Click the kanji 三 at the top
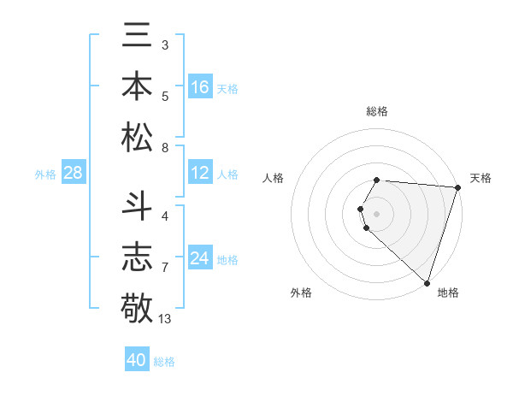[137, 38]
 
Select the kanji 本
[137, 88]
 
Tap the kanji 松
[137, 138]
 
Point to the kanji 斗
[137, 205]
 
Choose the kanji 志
[137, 256]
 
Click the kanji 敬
[137, 306]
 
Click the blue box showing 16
[200, 87]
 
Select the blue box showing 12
[200, 174]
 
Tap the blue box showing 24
[200, 259]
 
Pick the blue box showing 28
[74, 174]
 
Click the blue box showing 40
[137, 360]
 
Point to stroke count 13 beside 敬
[165, 319]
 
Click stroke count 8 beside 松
[164, 148]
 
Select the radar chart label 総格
[377, 111]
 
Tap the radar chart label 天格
[481, 178]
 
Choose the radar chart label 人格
[274, 178]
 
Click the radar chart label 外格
[301, 293]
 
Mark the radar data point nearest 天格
[457, 187]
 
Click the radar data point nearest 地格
[427, 282]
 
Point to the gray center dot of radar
[377, 212]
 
